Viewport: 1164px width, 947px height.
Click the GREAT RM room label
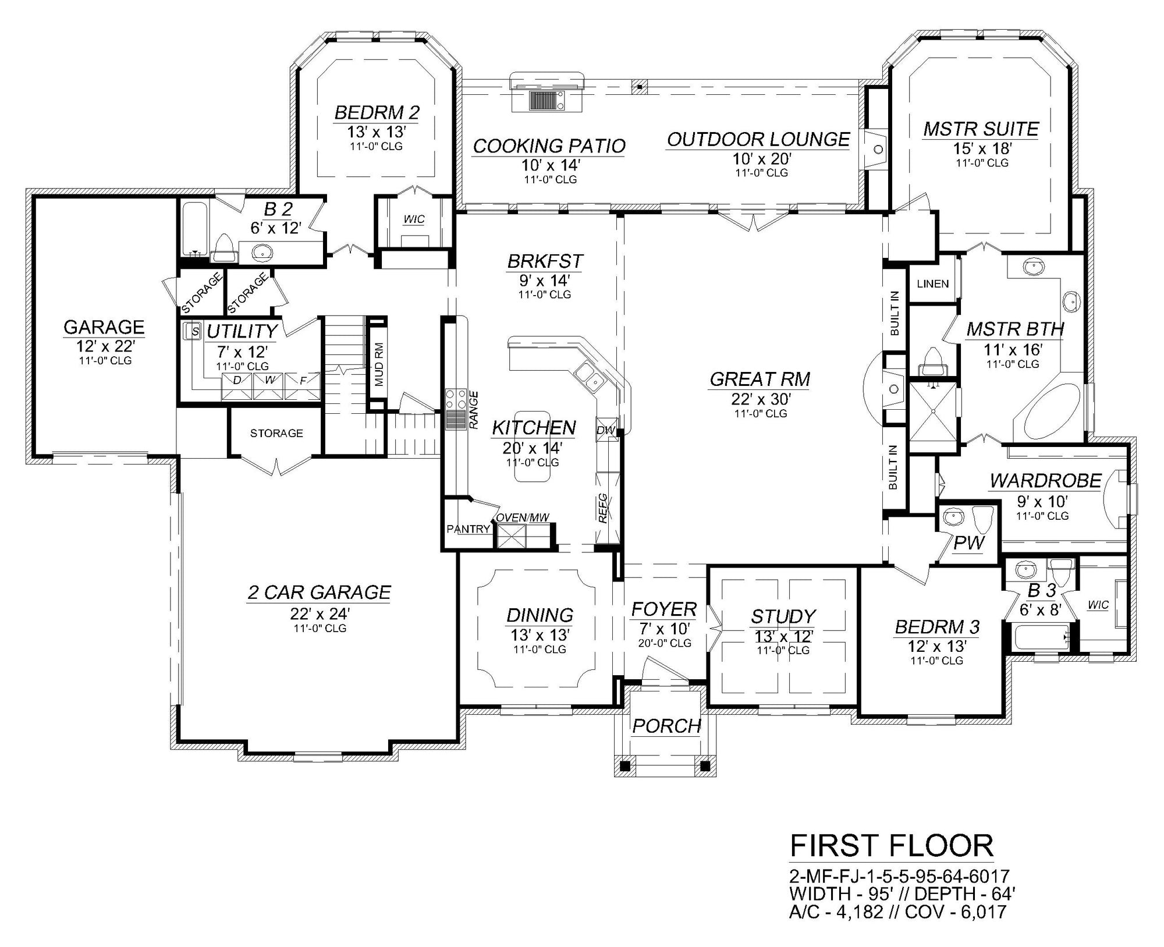[760, 379]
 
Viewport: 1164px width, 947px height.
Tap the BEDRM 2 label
[377, 112]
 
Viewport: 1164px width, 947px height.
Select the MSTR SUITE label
[981, 129]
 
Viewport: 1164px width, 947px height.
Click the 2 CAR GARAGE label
[319, 592]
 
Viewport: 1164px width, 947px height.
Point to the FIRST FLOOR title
[891, 846]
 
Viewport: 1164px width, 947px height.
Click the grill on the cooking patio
[546, 100]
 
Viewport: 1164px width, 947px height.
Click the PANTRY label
[468, 529]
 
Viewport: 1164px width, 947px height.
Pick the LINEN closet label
[933, 284]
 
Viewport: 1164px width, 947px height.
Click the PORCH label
[666, 726]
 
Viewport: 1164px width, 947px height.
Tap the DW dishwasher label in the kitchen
[606, 430]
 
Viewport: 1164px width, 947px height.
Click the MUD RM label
[379, 365]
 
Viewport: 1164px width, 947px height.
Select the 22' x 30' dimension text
[760, 399]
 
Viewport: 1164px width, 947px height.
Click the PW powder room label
[968, 543]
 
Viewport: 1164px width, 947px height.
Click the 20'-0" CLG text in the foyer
[665, 643]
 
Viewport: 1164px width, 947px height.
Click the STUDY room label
[783, 616]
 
